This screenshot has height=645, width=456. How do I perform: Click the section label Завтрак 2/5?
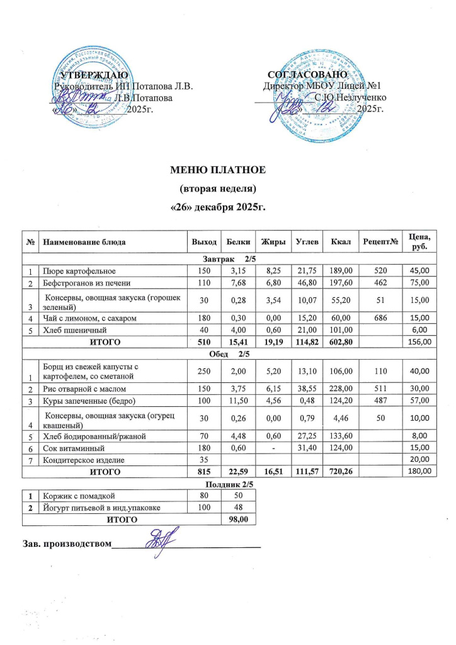[227, 258]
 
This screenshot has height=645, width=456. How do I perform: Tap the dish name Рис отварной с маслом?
[77, 387]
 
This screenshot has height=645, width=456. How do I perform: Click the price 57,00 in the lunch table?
[419, 400]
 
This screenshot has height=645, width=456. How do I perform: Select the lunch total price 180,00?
[419, 471]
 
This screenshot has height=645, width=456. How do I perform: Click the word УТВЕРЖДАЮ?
[93, 76]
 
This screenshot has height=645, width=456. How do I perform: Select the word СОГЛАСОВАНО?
[304, 76]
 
